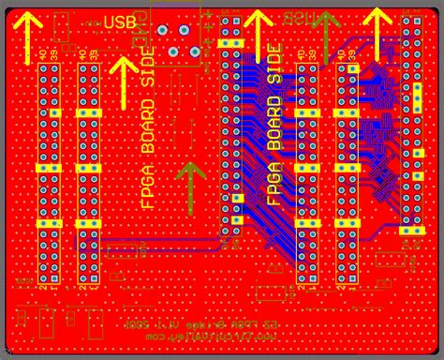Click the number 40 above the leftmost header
click(x=41, y=56)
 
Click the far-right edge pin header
click(x=410, y=122)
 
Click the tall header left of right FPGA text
click(x=231, y=131)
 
